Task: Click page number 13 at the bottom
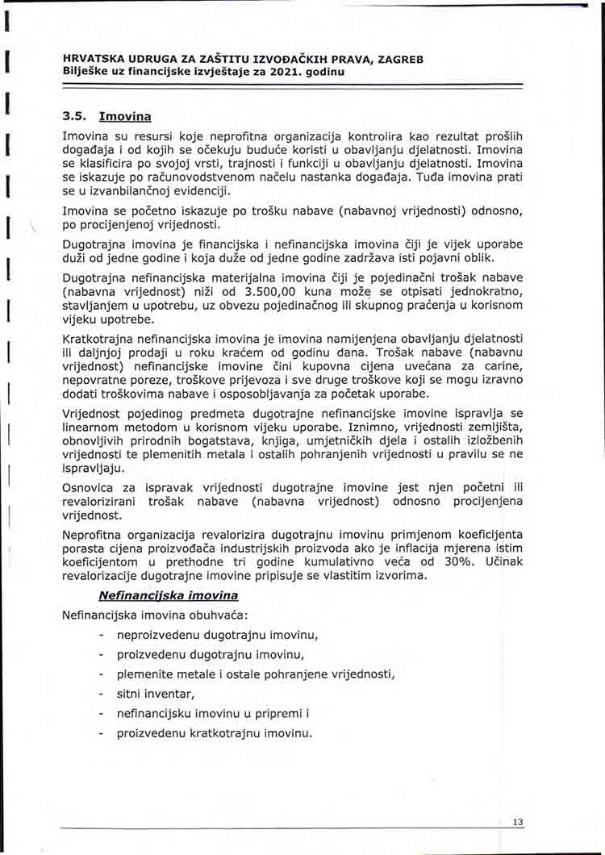(x=517, y=822)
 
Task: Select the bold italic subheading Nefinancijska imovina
(x=168, y=595)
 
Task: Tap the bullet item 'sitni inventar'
(x=156, y=694)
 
